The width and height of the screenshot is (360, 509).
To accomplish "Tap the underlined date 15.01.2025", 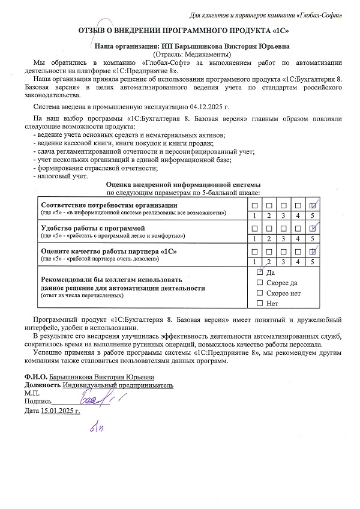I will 60,411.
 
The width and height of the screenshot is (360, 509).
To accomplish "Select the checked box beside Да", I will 260,272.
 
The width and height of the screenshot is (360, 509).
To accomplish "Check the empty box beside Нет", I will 260,303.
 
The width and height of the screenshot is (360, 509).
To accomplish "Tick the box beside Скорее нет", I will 260,293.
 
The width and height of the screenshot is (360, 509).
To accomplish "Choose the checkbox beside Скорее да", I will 260,283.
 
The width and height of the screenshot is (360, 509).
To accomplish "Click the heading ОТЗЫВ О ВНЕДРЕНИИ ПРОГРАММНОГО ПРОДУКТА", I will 179,30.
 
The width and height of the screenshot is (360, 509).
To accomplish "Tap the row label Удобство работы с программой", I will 92,228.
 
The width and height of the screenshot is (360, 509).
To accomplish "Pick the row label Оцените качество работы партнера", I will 109,250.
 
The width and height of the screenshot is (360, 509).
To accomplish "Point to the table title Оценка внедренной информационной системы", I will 183,184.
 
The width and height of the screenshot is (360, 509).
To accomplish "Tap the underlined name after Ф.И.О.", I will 101,376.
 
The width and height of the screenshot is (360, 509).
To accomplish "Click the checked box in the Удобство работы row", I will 312,229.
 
